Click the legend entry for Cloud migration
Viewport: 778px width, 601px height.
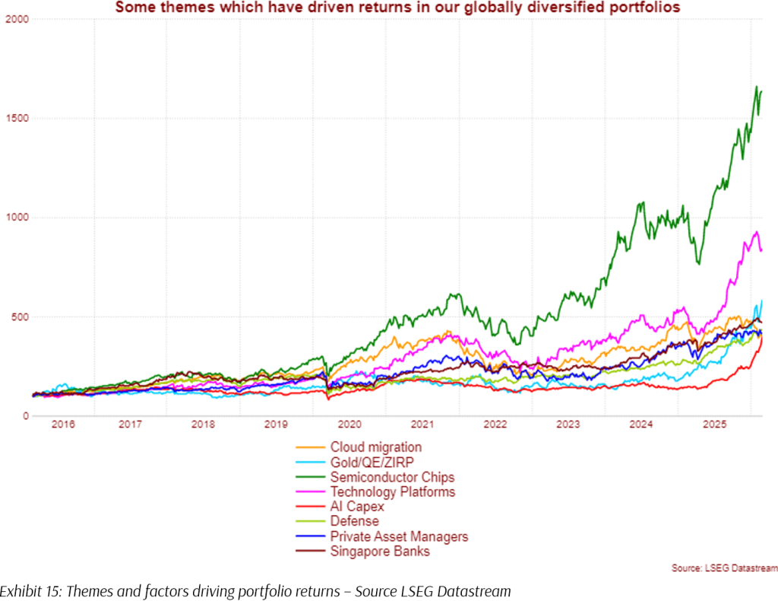coord(375,447)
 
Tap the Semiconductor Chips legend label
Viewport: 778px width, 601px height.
coord(392,478)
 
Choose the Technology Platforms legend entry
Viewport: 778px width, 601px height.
coord(393,492)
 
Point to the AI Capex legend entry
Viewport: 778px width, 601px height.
coord(357,507)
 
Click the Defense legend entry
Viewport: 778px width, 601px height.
coord(355,522)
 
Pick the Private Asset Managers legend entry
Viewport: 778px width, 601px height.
coord(399,537)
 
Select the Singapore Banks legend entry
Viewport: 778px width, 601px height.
coord(380,552)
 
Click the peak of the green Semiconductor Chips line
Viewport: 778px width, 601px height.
coord(757,87)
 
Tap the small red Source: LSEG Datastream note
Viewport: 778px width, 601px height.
coord(724,568)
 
